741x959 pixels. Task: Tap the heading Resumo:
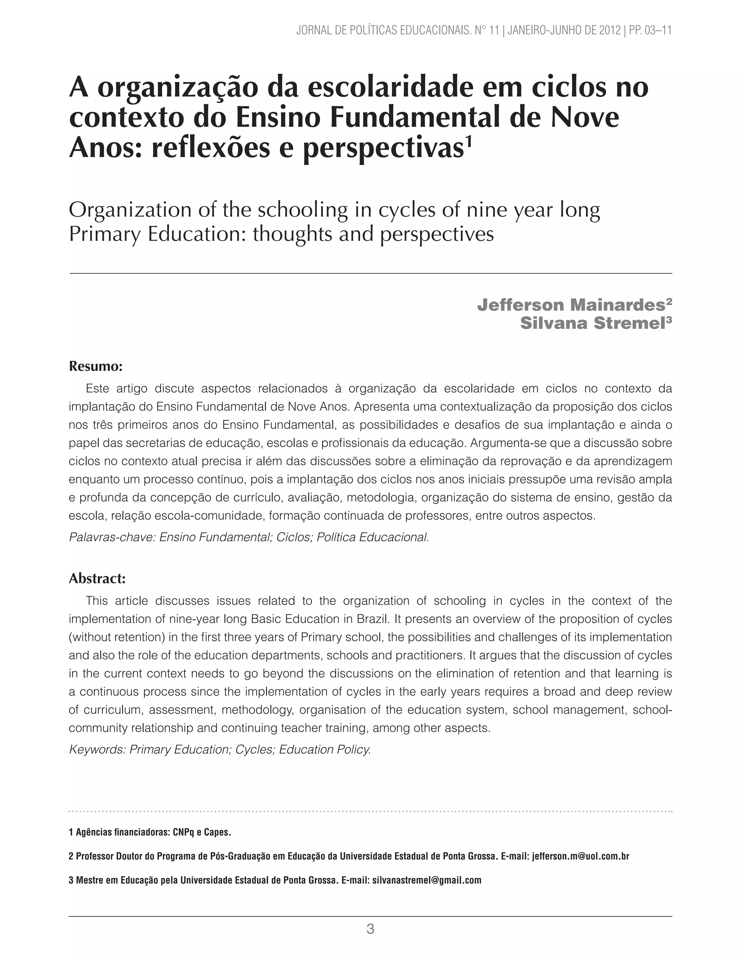(x=95, y=366)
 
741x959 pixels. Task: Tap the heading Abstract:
(x=97, y=578)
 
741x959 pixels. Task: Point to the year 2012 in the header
(x=609, y=30)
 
